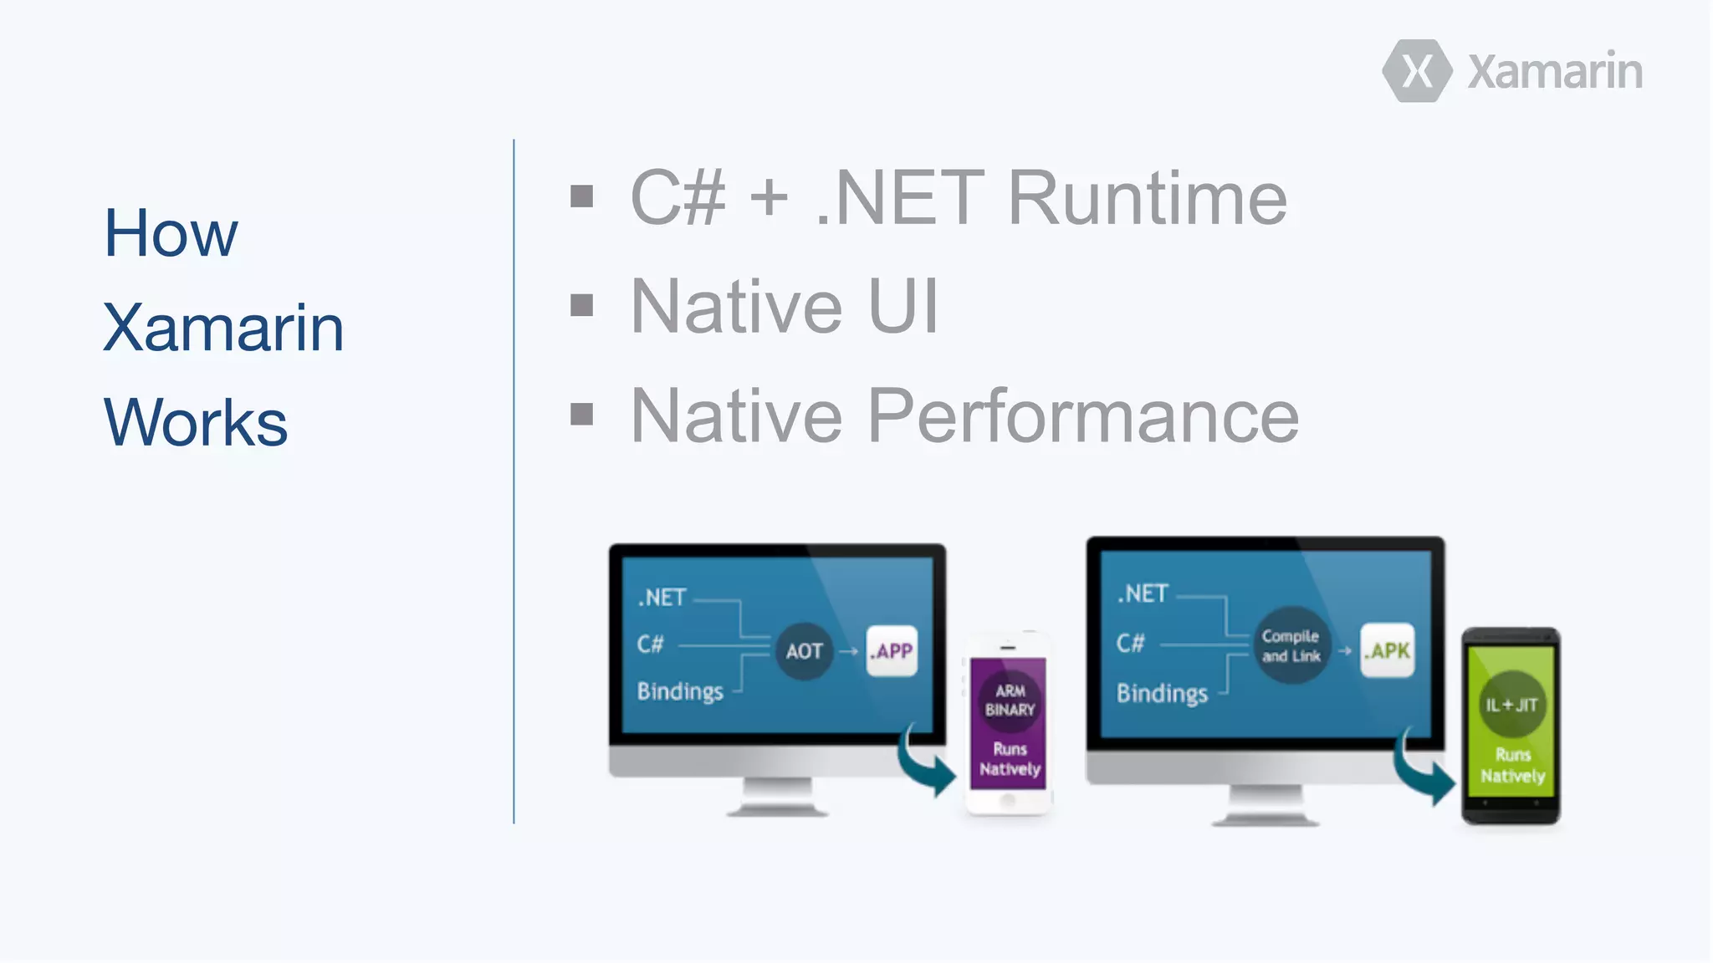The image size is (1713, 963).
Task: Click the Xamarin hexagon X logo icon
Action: point(1417,71)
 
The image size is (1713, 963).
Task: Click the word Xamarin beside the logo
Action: point(1555,72)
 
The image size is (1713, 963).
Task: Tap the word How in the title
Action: point(171,233)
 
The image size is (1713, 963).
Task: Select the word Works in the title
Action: point(195,423)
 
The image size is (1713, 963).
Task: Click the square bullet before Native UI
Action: point(581,305)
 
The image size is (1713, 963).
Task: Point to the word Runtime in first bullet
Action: point(1147,198)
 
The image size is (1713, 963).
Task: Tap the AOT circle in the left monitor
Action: point(804,651)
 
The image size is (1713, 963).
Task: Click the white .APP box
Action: point(892,650)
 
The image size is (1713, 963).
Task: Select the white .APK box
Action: point(1388,650)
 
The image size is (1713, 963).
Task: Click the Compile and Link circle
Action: point(1291,646)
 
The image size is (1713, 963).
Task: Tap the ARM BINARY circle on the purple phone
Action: point(1010,701)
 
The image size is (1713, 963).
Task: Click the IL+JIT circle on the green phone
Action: point(1511,705)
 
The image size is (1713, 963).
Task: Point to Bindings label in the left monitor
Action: point(680,691)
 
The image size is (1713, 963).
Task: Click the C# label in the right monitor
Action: point(1130,643)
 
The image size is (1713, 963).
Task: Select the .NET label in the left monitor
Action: point(662,597)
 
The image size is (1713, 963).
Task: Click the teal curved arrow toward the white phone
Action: point(926,760)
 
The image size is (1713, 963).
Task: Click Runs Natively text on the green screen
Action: point(1512,766)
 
